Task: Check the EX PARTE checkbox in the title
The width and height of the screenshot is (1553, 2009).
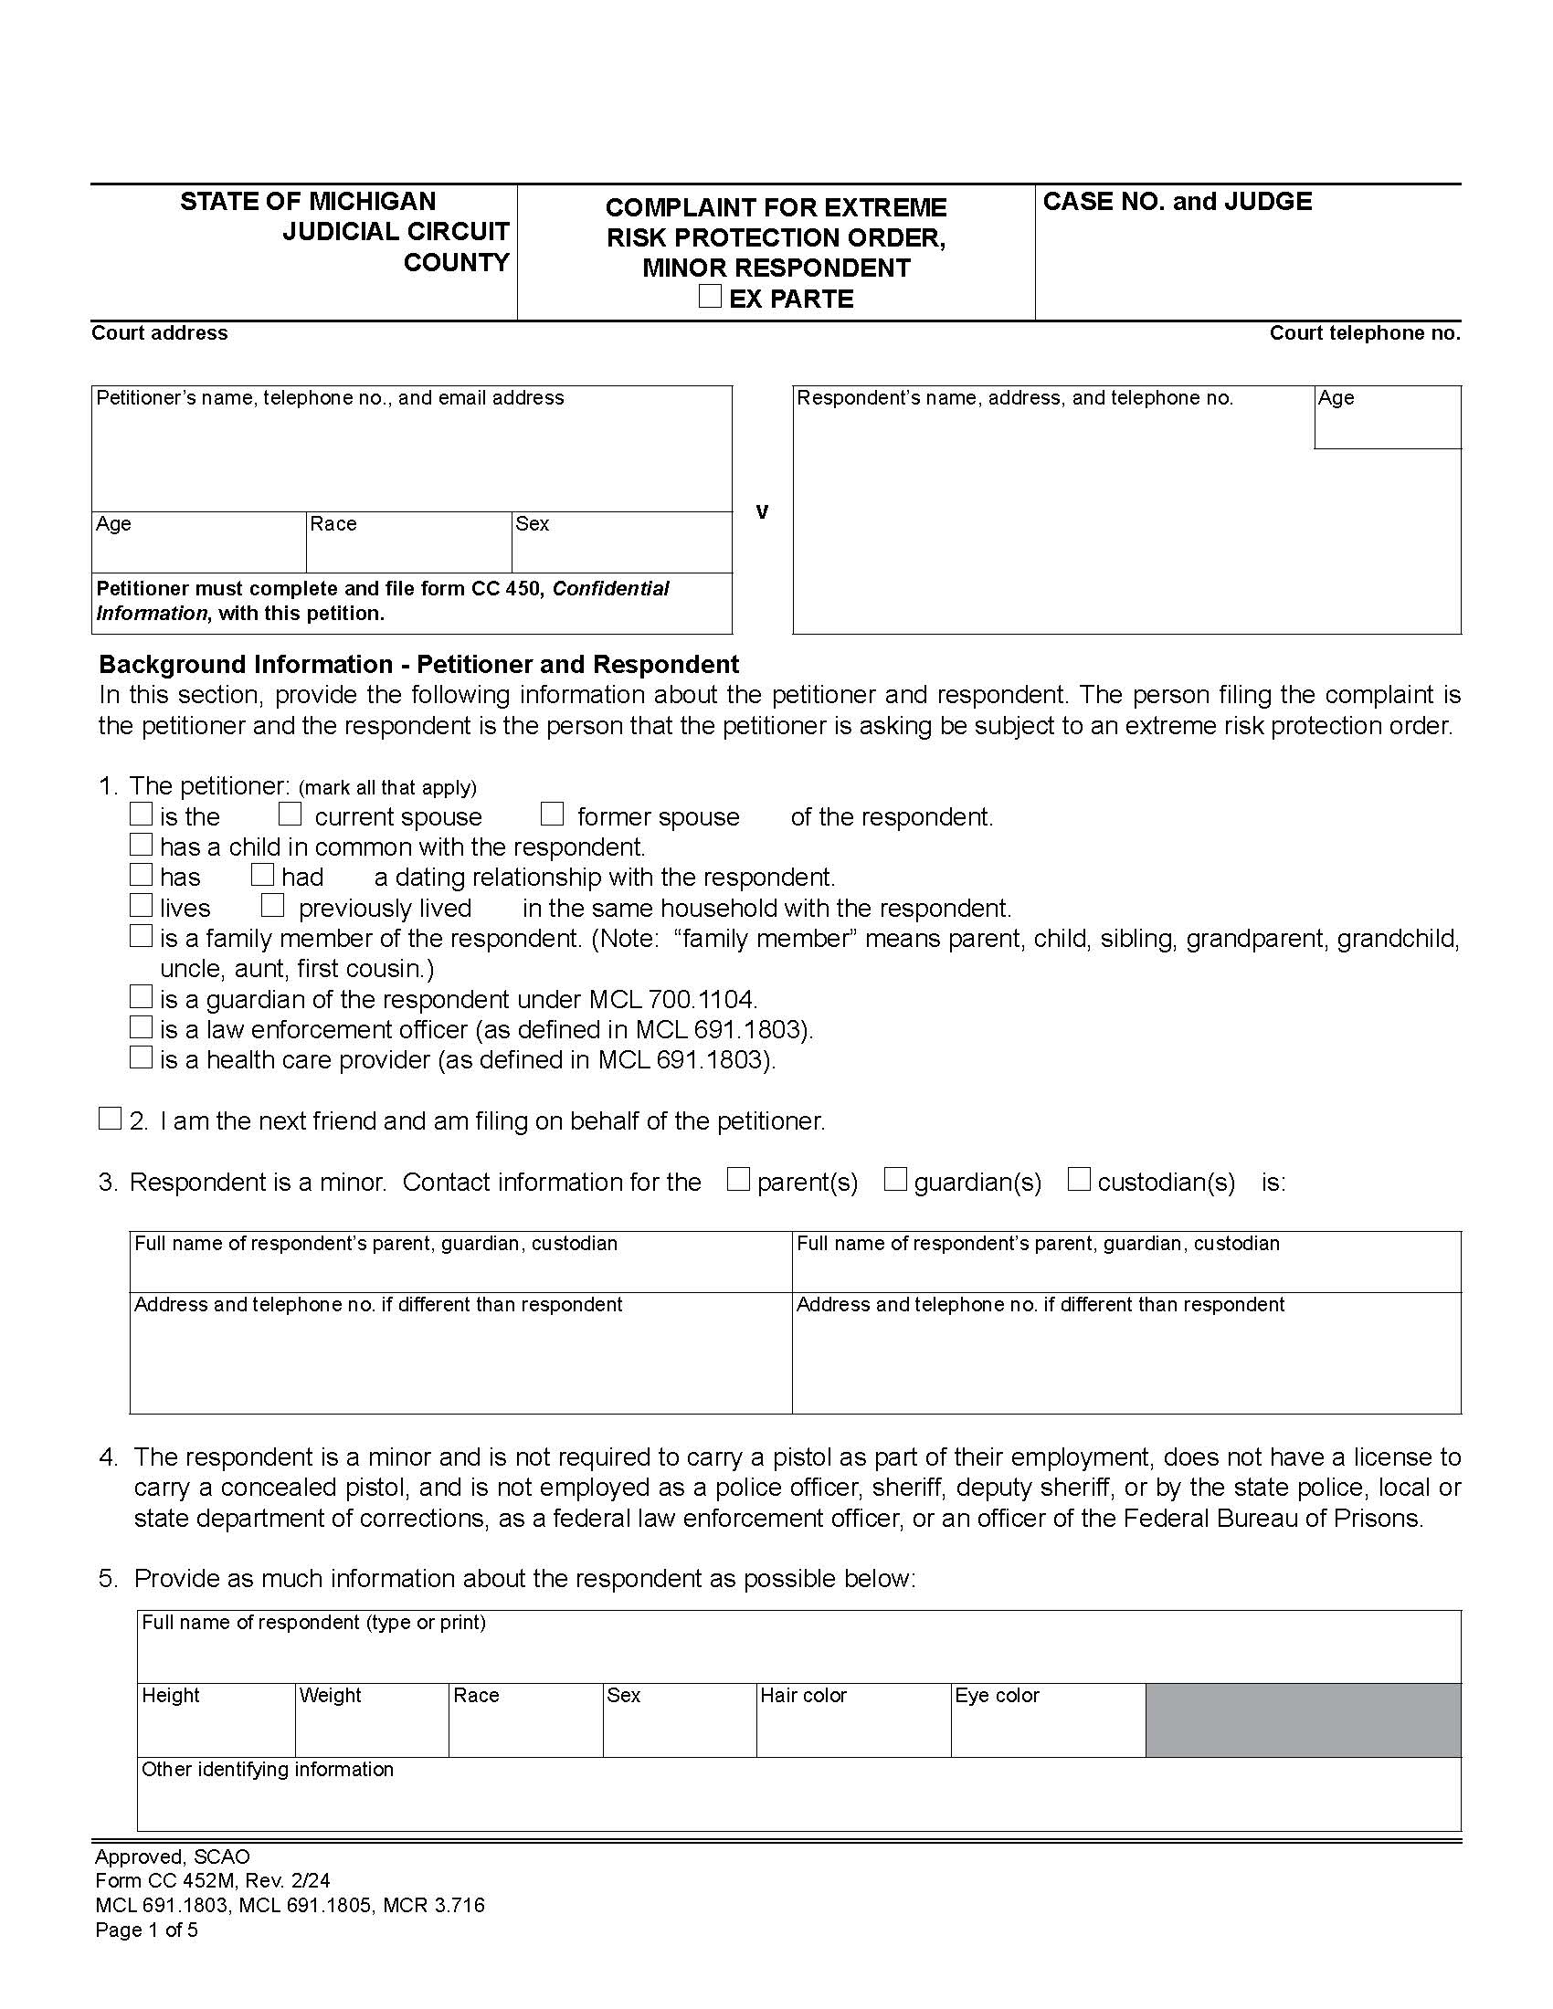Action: click(x=709, y=296)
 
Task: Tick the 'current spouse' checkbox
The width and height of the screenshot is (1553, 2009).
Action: click(x=291, y=814)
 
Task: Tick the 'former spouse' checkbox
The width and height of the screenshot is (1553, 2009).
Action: click(x=552, y=814)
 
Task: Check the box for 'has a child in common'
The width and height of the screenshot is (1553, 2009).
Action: click(x=141, y=844)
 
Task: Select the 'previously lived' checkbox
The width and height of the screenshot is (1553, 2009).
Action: click(x=272, y=905)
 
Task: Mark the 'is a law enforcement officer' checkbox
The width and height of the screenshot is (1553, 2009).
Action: click(x=141, y=1026)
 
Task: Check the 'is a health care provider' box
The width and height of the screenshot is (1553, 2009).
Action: click(x=141, y=1057)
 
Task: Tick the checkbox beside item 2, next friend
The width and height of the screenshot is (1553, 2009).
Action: click(x=111, y=1119)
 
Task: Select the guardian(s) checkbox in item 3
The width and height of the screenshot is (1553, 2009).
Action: click(x=895, y=1179)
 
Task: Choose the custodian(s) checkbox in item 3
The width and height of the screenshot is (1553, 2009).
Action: click(x=1079, y=1179)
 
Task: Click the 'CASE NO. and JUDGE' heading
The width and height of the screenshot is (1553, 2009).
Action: click(x=1177, y=202)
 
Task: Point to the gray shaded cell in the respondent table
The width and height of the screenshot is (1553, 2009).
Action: click(x=1303, y=1720)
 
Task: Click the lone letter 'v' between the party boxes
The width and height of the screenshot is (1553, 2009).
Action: click(x=762, y=511)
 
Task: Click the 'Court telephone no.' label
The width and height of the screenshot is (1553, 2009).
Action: click(x=1365, y=333)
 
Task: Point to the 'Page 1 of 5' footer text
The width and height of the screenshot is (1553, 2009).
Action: click(x=146, y=1930)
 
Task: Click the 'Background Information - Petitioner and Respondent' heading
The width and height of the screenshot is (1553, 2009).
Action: click(x=418, y=664)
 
